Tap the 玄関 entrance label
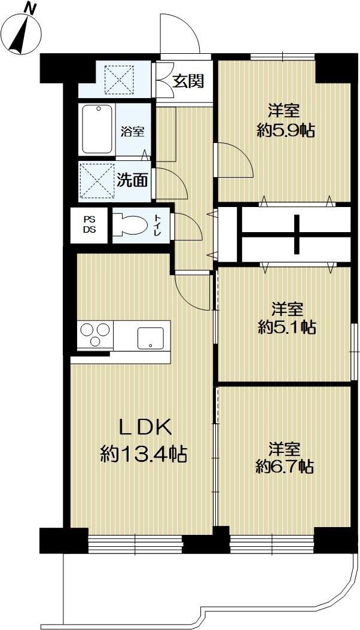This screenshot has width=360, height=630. pyautogui.click(x=188, y=81)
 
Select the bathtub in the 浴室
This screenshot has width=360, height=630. pyautogui.click(x=97, y=129)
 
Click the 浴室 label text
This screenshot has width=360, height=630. pyautogui.click(x=133, y=132)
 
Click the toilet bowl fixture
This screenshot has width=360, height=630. pyautogui.click(x=130, y=225)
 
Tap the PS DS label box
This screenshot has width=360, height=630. pyautogui.click(x=89, y=226)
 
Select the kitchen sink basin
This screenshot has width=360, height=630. pyautogui.click(x=150, y=338)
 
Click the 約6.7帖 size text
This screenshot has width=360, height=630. pyautogui.click(x=285, y=467)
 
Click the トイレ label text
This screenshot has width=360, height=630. pyautogui.click(x=157, y=225)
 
